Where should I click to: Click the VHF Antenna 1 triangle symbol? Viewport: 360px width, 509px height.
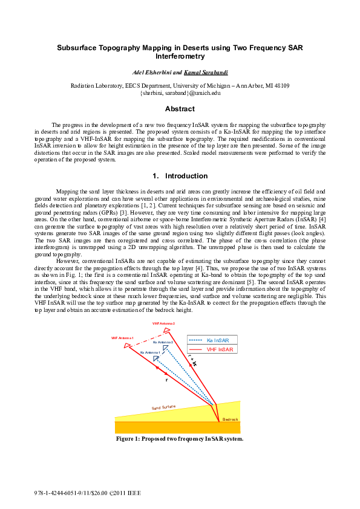pos(128,346)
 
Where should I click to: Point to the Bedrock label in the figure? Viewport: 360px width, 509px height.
pos(230,419)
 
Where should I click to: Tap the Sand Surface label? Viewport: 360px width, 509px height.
pos(163,408)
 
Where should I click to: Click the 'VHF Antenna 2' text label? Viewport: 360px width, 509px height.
pos(163,324)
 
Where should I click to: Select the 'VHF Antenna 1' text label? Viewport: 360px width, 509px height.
pos(122,338)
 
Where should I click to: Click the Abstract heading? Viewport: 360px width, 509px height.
pos(180,109)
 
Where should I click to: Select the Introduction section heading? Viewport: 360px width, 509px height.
pos(180,176)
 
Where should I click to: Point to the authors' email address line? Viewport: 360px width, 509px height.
pos(180,94)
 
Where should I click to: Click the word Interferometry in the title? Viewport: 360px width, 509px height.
pos(180,56)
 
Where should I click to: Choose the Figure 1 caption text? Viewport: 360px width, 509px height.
pos(180,439)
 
